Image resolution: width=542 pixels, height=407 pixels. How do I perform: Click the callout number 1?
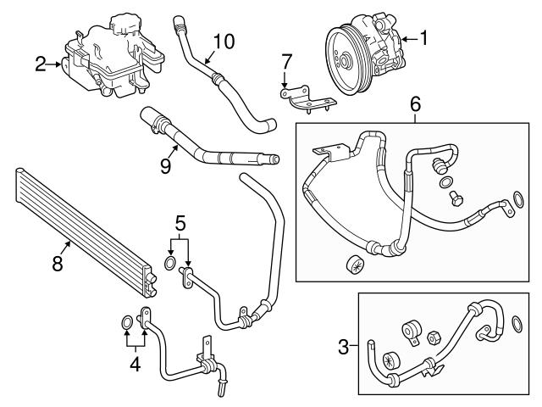point(424,37)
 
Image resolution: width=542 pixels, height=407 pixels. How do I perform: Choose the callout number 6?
point(415,104)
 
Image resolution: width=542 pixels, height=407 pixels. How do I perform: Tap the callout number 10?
point(223,39)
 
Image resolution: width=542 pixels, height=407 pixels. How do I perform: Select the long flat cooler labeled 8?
point(85,226)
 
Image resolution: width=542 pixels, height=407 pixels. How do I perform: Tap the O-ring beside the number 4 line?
point(127,321)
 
